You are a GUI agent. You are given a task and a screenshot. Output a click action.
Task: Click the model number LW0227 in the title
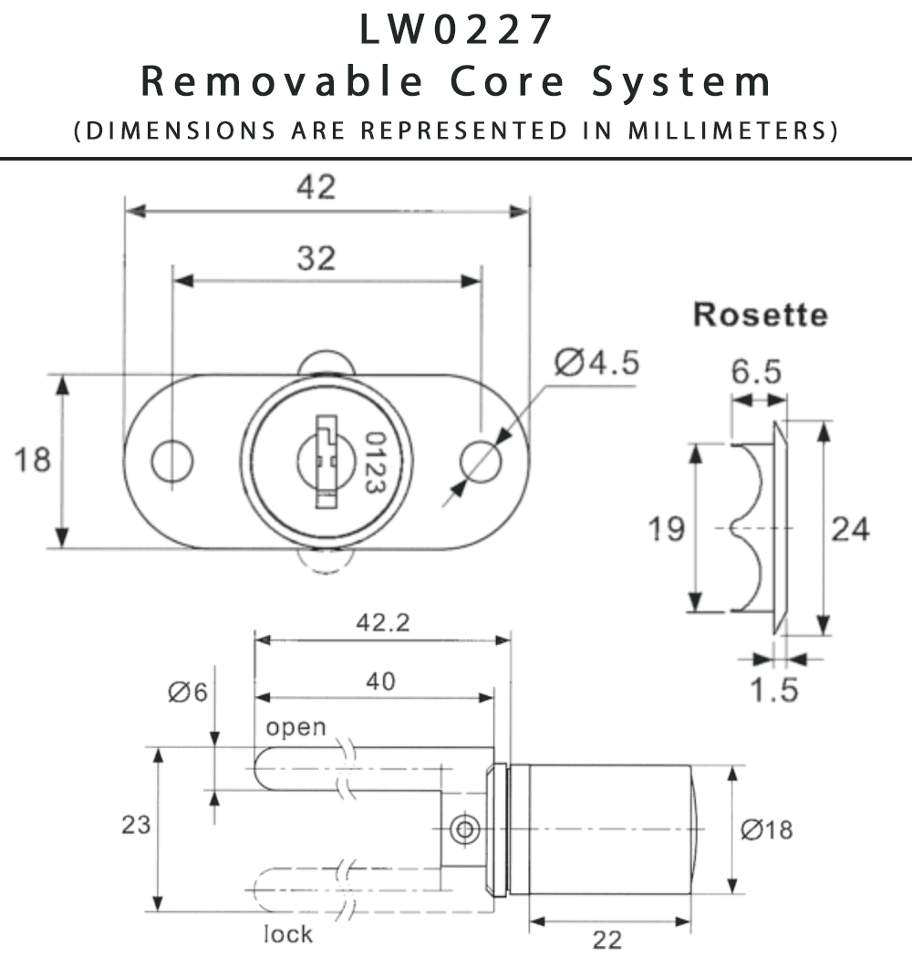pyautogui.click(x=456, y=29)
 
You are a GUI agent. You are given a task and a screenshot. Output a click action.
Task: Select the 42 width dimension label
pyautogui.click(x=316, y=186)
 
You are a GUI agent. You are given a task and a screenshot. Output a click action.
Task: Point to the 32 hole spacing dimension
pyautogui.click(x=316, y=259)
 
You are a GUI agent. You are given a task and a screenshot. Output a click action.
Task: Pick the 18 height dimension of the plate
pyautogui.click(x=32, y=460)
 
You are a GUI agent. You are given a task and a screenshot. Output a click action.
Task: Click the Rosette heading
pyautogui.click(x=760, y=315)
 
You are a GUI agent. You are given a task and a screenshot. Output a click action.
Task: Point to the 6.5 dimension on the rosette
pyautogui.click(x=758, y=371)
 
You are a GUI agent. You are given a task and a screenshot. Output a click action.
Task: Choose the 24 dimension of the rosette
pyautogui.click(x=850, y=528)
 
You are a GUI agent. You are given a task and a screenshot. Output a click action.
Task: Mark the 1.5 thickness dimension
pyautogui.click(x=775, y=691)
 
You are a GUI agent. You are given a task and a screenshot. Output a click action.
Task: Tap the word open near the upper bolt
pyautogui.click(x=295, y=727)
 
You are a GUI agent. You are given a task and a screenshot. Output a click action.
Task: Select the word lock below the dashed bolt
pyautogui.click(x=288, y=933)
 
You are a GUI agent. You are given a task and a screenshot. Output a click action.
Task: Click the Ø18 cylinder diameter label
pyautogui.click(x=766, y=829)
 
